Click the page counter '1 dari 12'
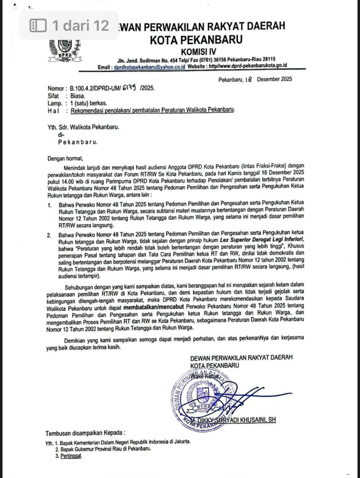[69, 25]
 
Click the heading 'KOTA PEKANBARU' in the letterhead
[196, 39]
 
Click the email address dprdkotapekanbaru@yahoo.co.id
[149, 66]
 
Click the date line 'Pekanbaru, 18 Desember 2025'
[255, 79]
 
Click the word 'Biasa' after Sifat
[78, 96]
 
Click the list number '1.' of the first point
[49, 205]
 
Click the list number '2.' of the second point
[49, 235]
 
